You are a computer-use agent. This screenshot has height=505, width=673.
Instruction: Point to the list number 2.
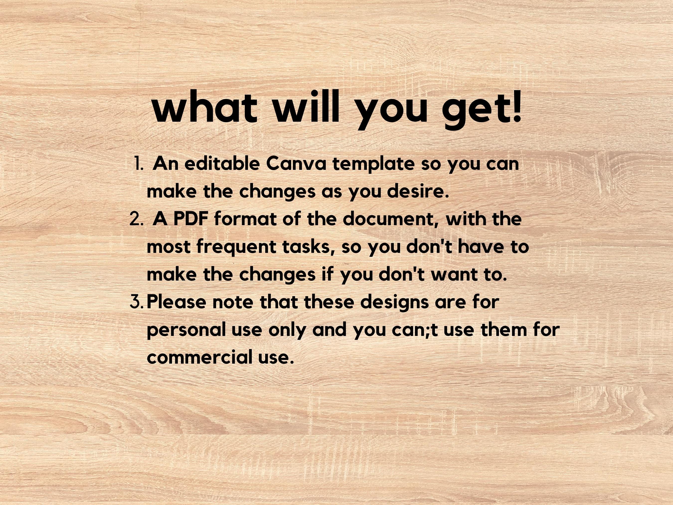pyautogui.click(x=136, y=219)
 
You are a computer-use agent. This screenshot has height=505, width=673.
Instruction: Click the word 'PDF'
pyautogui.click(x=190, y=219)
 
